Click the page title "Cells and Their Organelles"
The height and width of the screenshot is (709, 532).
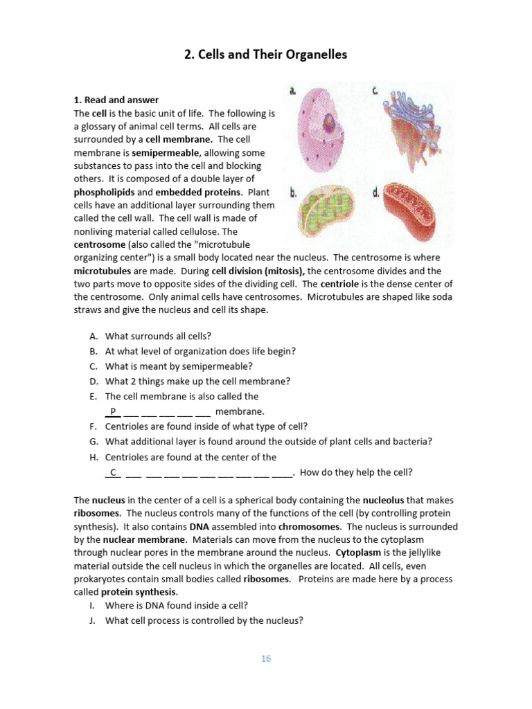pos(265,55)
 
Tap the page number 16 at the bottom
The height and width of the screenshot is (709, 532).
pos(266,658)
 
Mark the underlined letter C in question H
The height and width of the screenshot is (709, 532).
pos(112,472)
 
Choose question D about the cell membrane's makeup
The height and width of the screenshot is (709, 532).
pos(197,381)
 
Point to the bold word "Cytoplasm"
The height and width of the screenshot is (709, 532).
pos(359,553)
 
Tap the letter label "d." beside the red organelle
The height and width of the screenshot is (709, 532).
pos(375,193)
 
